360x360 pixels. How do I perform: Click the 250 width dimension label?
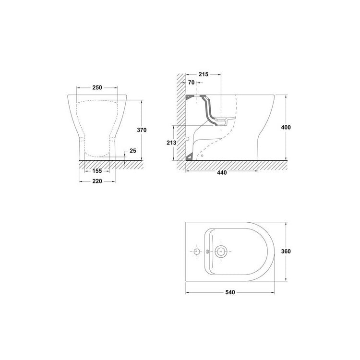(97, 87)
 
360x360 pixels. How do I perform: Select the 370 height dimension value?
(142, 130)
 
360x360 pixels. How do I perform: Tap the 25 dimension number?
(132, 151)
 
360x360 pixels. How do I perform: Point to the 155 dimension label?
(97, 171)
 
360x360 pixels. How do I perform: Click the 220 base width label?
(97, 181)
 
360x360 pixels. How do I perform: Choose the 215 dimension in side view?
(204, 74)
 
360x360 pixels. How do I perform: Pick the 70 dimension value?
(191, 83)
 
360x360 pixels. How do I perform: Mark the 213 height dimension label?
(171, 143)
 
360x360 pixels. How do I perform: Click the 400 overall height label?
(286, 127)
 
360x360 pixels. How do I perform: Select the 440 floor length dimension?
(222, 172)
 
